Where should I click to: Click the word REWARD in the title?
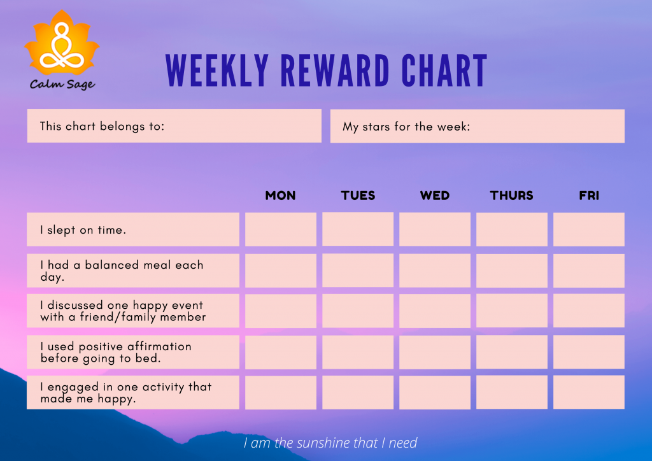pyautogui.click(x=335, y=71)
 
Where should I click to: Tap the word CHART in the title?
pyautogui.click(x=445, y=71)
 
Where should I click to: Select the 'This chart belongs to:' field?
pyautogui.click(x=174, y=126)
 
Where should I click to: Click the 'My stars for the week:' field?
pyautogui.click(x=477, y=126)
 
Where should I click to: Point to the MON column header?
pyautogui.click(x=280, y=195)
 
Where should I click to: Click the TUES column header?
pyautogui.click(x=358, y=195)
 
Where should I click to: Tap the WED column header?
pyautogui.click(x=435, y=195)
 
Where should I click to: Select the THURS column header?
pyautogui.click(x=512, y=195)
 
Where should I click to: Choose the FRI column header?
pyautogui.click(x=589, y=195)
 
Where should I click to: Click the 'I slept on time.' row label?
pyautogui.click(x=132, y=230)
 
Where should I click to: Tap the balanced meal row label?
pyautogui.click(x=132, y=271)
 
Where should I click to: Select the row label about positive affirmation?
pyautogui.click(x=132, y=352)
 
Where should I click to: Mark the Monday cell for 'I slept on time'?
pyautogui.click(x=280, y=230)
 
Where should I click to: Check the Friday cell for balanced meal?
pyautogui.click(x=589, y=271)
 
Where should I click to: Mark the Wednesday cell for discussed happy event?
pyautogui.click(x=435, y=311)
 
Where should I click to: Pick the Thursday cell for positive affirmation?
pyautogui.click(x=512, y=352)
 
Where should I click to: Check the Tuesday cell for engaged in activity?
pyautogui.click(x=358, y=392)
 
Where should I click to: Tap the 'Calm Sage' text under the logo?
pyautogui.click(x=62, y=84)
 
